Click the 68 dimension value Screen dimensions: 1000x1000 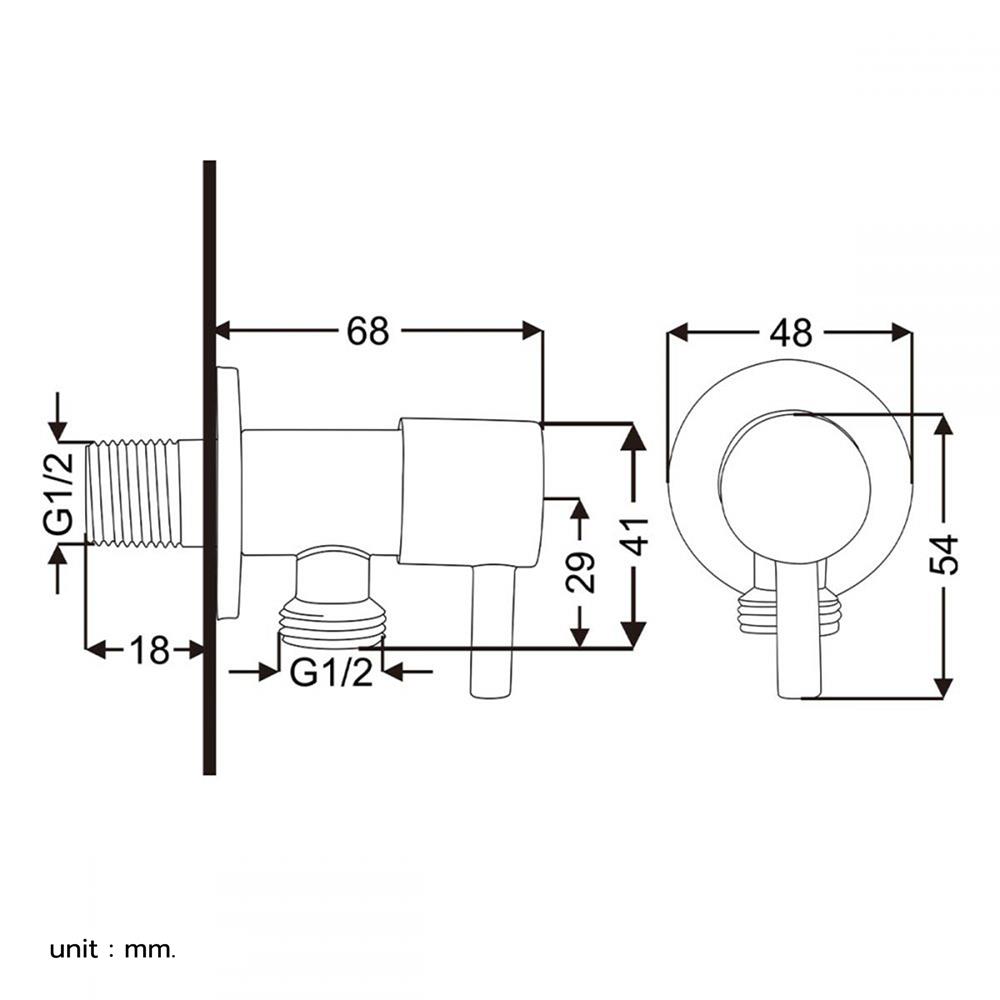tap(367, 331)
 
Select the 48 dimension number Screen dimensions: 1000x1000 tap(791, 333)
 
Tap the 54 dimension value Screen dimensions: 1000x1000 tap(944, 554)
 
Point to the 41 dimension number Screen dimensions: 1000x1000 tap(635, 536)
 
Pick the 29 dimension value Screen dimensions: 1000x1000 tap(580, 571)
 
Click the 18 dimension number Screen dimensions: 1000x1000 tap(150, 651)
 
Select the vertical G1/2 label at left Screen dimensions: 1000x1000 tap(59, 492)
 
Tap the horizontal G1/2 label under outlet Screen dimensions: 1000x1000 tap(331, 672)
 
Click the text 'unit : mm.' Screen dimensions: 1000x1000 tap(112, 950)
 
